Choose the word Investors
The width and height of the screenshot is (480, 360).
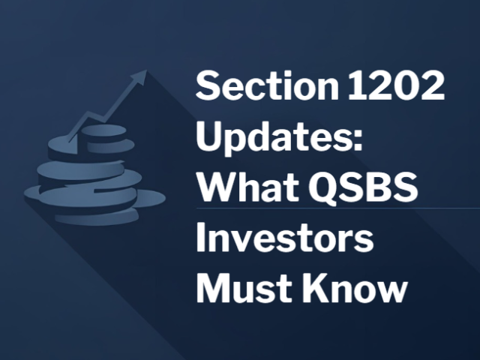[x=284, y=238]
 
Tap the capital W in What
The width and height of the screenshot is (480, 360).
[x=214, y=187]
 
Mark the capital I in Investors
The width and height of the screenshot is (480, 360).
[x=200, y=238]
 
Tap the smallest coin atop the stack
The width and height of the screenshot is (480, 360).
[x=98, y=130]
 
